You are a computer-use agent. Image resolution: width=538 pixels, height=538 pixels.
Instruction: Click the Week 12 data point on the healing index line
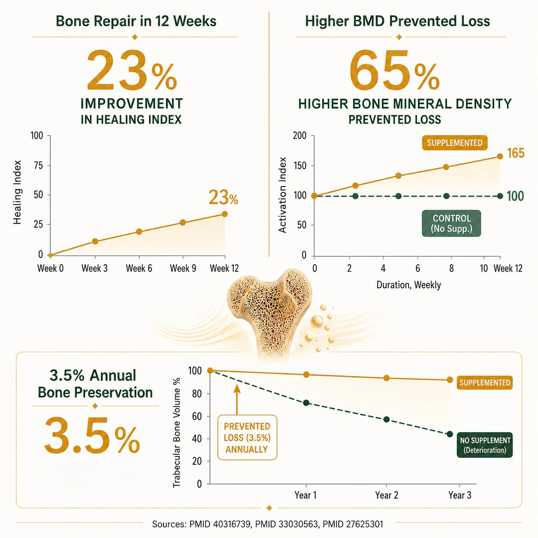pos(224,214)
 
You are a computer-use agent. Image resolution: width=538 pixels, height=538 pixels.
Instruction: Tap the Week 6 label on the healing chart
pos(139,269)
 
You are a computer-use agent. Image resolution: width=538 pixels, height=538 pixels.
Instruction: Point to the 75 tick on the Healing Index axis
pos(39,165)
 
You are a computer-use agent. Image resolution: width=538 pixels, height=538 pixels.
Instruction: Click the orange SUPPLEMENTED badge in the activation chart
pos(455,143)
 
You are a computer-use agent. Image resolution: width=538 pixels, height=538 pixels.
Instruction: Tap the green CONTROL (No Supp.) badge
pos(451,224)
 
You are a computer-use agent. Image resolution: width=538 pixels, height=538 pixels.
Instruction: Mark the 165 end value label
pos(516,153)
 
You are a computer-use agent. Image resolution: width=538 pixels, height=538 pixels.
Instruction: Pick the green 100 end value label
pos(515,196)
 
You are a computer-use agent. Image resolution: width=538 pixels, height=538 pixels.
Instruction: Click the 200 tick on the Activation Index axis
pos(299,136)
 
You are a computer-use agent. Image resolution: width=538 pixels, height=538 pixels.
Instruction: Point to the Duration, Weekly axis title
pos(409,285)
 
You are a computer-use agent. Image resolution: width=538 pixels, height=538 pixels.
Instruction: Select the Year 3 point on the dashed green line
pos(450,434)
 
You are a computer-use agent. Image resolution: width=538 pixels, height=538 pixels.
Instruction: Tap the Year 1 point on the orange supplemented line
pos(306,375)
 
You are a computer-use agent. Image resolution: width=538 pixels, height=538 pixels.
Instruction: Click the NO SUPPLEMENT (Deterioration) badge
pos(485,445)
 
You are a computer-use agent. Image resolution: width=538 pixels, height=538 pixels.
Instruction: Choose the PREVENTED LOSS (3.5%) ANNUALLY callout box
pos(247,438)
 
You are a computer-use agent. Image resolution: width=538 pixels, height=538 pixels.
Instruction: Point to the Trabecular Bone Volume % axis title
pos(177,432)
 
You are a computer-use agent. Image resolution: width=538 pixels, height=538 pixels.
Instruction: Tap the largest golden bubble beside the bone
pos(317,321)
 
